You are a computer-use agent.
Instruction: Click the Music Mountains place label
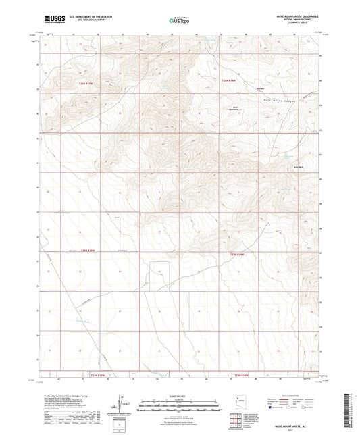coord(236,107)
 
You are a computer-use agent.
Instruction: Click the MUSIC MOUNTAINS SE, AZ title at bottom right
coord(293,426)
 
